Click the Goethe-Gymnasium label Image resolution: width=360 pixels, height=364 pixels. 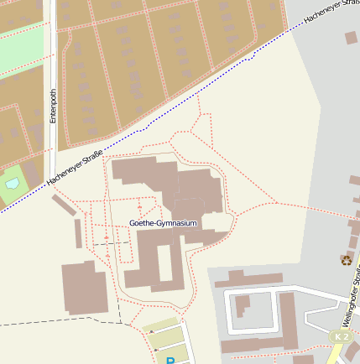164,223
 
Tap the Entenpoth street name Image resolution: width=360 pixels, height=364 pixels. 53,107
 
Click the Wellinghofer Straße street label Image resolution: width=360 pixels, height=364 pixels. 352,294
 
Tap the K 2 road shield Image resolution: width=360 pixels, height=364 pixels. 340,336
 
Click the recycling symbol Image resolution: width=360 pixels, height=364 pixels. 346,259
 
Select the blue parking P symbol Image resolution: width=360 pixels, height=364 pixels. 170,361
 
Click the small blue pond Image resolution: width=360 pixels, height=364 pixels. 12,182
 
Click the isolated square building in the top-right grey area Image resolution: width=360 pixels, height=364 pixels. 352,38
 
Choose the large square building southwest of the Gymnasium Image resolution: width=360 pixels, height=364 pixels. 84,288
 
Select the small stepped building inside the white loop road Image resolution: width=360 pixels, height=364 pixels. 242,305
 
